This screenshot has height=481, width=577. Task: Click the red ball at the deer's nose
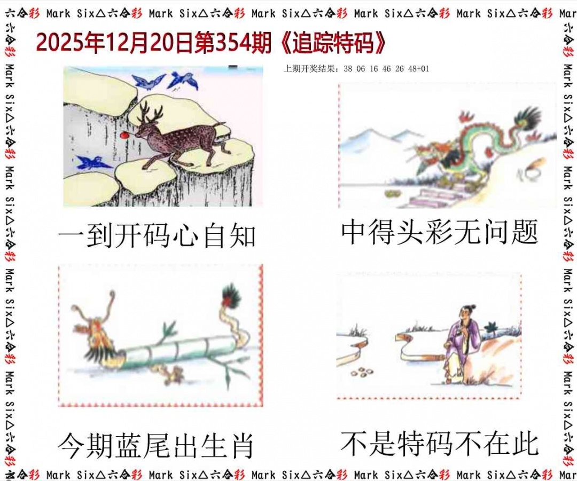pyautogui.click(x=125, y=135)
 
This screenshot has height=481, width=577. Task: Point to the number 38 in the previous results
pyautogui.click(x=348, y=69)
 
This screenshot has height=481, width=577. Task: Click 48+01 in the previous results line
pyautogui.click(x=418, y=69)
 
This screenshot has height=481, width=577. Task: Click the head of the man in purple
pyautogui.click(x=465, y=313)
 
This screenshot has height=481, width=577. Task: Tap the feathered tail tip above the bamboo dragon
pyautogui.click(x=231, y=296)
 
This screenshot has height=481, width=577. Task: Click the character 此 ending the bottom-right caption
pyautogui.click(x=525, y=444)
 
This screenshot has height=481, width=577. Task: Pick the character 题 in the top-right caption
pyautogui.click(x=525, y=232)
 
